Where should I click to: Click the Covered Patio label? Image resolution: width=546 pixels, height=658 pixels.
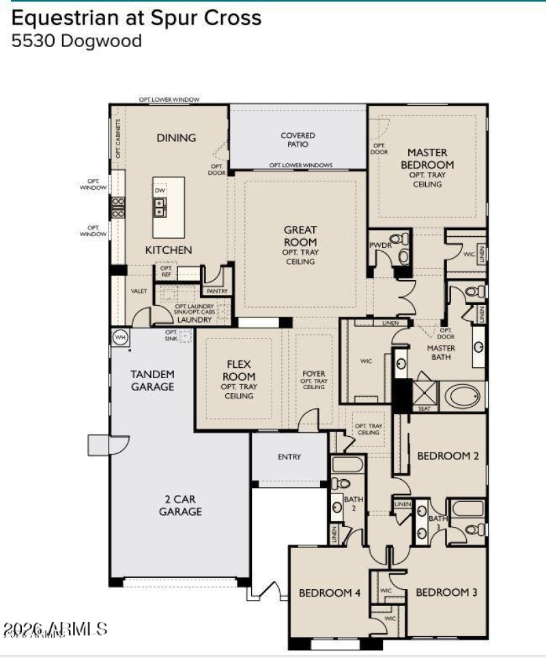coord(298,140)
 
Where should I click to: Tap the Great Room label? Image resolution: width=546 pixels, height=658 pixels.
coord(300,236)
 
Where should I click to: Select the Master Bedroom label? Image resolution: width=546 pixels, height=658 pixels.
coord(427,159)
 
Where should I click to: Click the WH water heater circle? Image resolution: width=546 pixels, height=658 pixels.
coord(120,337)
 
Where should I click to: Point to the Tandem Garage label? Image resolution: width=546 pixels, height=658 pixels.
coord(153,380)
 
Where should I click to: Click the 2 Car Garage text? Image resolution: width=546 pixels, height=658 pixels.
coord(180,504)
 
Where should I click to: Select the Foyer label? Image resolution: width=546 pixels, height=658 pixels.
coord(314,374)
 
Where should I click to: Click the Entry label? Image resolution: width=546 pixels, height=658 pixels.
coord(289,457)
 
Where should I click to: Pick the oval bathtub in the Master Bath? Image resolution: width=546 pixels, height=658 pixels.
coord(463,396)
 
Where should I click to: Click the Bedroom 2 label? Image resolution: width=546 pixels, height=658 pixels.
coord(448,456)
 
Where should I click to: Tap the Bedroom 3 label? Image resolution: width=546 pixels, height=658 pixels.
coord(447,592)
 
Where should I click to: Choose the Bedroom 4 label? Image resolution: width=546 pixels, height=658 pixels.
coord(330,593)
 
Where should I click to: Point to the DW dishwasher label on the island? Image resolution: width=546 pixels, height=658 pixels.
coord(160,191)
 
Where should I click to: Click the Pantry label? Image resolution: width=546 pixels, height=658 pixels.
coord(217,291)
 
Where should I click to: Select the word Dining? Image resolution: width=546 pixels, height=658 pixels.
coord(176,138)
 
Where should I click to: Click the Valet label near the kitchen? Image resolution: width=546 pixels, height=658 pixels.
coord(139,291)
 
